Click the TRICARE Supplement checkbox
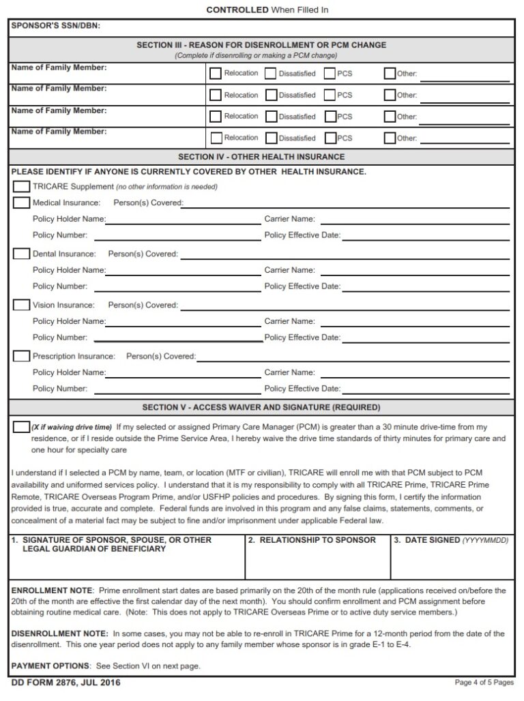click(x=21, y=186)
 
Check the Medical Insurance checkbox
click(x=21, y=203)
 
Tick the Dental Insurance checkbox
click(x=21, y=254)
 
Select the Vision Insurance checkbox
click(x=21, y=305)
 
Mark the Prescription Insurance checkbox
click(x=21, y=356)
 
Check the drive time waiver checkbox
click(x=21, y=427)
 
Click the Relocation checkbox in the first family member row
click(x=216, y=74)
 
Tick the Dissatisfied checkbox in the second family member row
click(x=271, y=95)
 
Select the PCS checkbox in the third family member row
click(x=330, y=117)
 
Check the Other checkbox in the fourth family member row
click(x=390, y=138)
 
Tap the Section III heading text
click(x=261, y=45)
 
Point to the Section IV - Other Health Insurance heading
click(x=261, y=157)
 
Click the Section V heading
click(x=261, y=408)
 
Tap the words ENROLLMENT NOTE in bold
click(x=50, y=590)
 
